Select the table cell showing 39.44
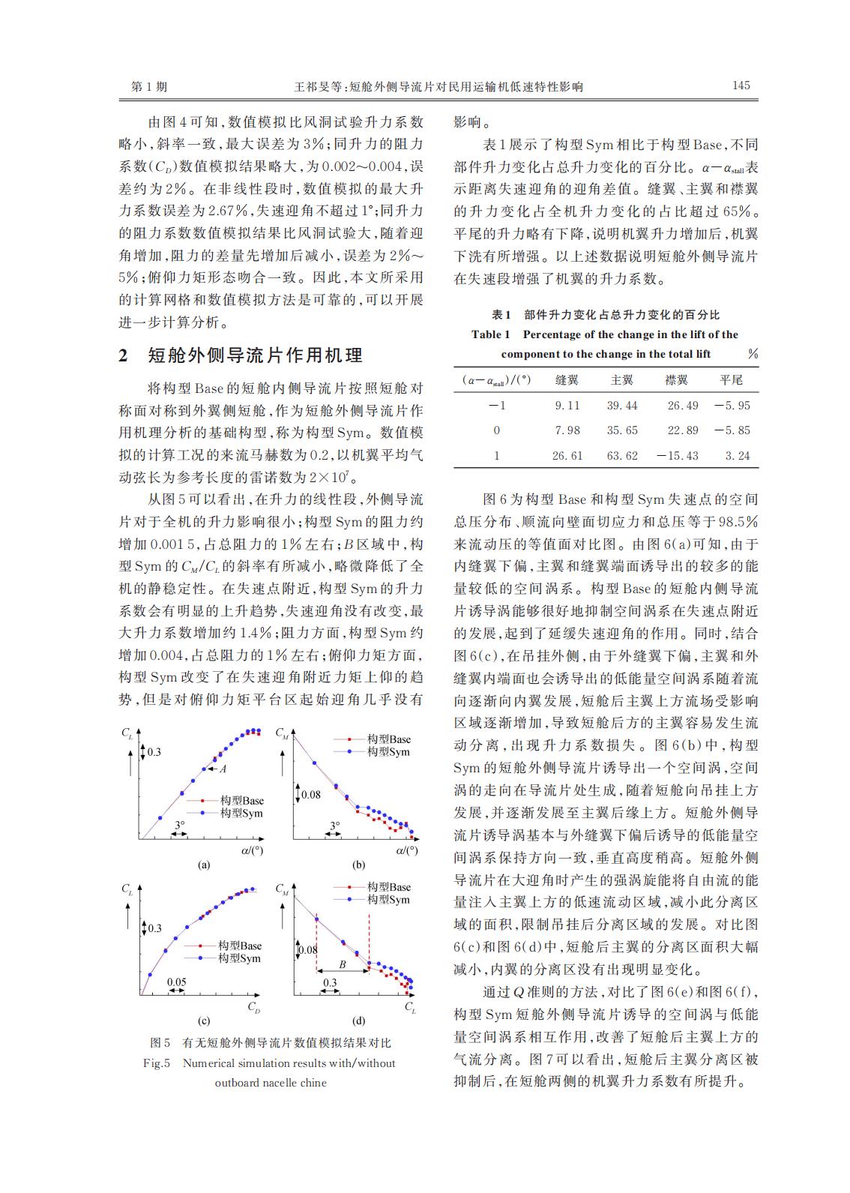click(621, 406)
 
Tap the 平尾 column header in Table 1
click(731, 380)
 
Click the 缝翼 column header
click(567, 380)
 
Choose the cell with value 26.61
click(567, 456)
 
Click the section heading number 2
click(124, 355)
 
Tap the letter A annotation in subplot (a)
click(223, 768)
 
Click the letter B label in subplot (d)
click(342, 964)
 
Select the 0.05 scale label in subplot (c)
click(176, 982)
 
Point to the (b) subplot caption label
click(358, 865)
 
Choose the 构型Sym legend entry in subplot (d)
click(388, 900)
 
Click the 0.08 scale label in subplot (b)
click(310, 794)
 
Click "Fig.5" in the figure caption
click(157, 1063)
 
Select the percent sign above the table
click(752, 354)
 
